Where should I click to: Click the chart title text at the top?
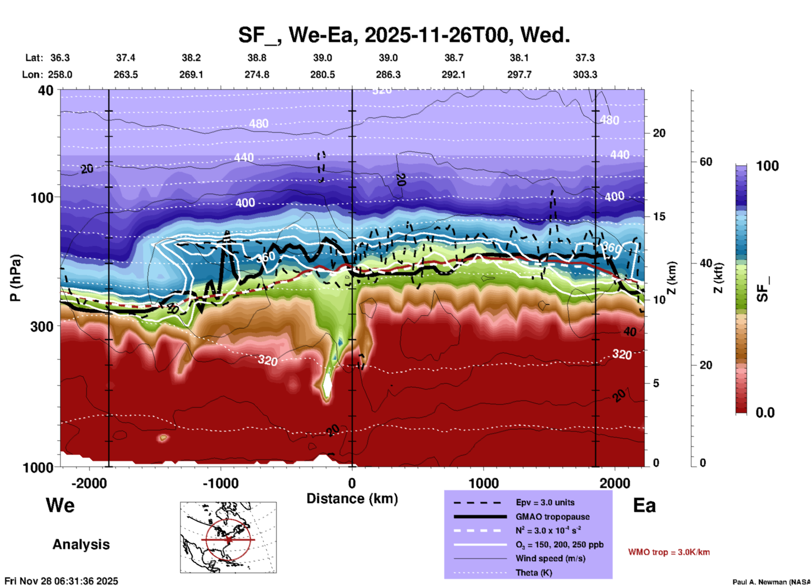(404, 35)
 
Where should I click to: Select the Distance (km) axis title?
(352, 499)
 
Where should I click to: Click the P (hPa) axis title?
(16, 278)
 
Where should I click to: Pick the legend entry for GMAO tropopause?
(552, 517)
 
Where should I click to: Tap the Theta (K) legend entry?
(534, 573)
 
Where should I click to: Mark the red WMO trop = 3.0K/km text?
(669, 552)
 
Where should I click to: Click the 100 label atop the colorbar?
(767, 166)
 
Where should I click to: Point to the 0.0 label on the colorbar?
(765, 413)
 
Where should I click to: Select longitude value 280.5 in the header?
(323, 75)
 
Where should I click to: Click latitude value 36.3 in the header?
(60, 58)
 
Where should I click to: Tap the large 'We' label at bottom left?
(60, 505)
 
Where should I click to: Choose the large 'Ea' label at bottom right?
(644, 505)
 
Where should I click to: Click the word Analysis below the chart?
(81, 544)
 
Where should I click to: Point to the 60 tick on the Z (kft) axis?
(706, 162)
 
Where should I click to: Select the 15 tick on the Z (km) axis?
(659, 216)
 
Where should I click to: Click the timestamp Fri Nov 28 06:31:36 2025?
(61, 581)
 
